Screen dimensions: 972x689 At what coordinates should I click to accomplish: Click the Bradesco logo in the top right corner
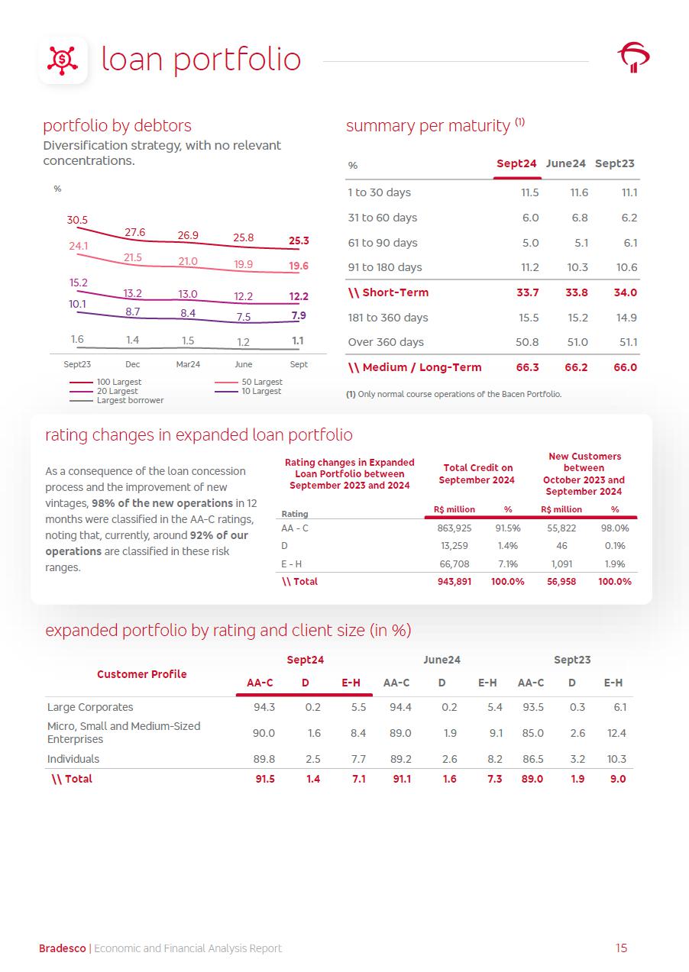tap(633, 57)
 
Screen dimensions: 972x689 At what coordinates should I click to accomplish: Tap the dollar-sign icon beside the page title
tap(63, 60)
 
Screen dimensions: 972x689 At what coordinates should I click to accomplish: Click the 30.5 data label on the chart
tap(77, 220)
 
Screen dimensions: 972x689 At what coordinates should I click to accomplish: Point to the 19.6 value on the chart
tap(299, 266)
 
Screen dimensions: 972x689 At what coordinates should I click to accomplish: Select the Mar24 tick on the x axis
tap(188, 364)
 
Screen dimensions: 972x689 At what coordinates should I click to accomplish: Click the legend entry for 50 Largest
tap(262, 382)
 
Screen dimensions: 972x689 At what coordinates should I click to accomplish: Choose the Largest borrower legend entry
tap(130, 400)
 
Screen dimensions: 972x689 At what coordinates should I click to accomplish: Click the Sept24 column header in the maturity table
tap(516, 163)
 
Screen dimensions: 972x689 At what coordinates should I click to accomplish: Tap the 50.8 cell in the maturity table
tap(527, 342)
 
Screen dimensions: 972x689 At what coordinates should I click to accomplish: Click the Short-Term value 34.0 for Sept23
tap(625, 292)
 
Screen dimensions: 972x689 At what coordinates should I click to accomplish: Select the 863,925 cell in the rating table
tap(454, 528)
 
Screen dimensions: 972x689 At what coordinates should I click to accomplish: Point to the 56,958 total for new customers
tap(561, 581)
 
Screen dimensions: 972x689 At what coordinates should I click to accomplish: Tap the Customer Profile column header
tap(141, 674)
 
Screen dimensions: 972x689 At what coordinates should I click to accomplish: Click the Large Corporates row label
tap(90, 707)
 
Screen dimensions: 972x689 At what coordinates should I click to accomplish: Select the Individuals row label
tap(73, 759)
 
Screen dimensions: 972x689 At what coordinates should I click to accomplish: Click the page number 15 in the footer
tap(621, 948)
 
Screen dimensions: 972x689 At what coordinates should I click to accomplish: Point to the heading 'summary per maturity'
tap(428, 125)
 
